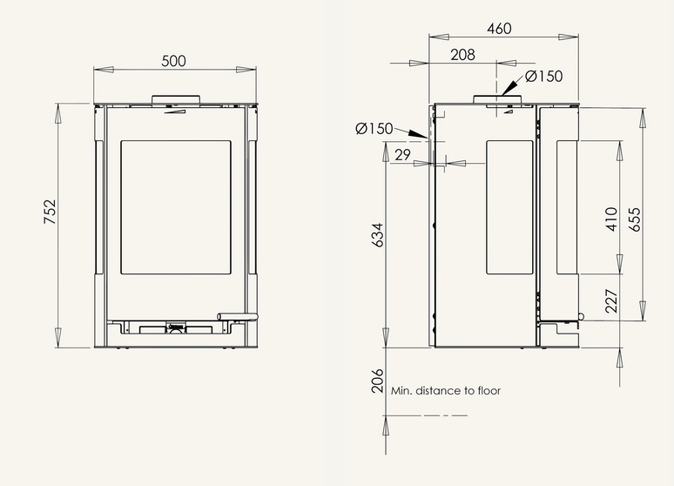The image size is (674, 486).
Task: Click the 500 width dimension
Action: coord(173,61)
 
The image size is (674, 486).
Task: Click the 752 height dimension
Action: coord(51,212)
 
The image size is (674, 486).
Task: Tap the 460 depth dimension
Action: coord(499,29)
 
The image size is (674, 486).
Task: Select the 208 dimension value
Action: coord(462,55)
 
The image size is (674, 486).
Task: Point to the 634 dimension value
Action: coord(377,235)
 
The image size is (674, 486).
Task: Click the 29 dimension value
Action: coord(402,155)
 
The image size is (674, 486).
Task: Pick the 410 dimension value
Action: coord(611,219)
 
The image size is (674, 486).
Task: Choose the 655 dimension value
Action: coord(635,219)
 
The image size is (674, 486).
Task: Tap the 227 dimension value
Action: coord(611,301)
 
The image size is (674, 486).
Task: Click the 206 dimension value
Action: coord(377,381)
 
